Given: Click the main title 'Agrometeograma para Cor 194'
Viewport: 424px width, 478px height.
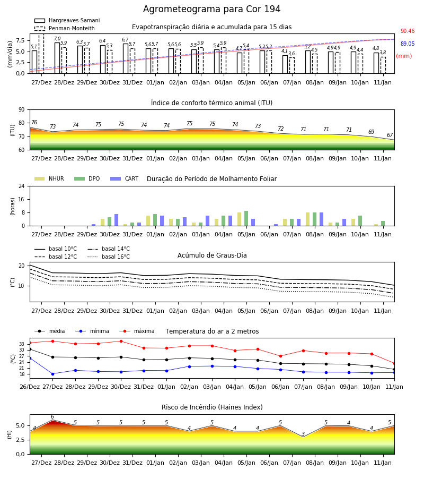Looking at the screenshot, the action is (211, 9).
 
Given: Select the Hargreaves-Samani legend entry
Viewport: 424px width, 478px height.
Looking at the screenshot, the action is (67, 20).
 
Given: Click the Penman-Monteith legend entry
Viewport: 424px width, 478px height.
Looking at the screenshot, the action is (65, 28).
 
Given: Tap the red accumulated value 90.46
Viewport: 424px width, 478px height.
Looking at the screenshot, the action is (408, 31).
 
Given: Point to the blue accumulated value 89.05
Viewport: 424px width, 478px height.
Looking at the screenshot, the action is (408, 44).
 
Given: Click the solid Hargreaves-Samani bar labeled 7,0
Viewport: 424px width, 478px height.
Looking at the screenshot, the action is (57, 58).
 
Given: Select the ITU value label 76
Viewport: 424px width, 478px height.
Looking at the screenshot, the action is (34, 122).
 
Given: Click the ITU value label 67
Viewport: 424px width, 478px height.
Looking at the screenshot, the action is (390, 135).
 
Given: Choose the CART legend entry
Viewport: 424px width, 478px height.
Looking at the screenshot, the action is (125, 178).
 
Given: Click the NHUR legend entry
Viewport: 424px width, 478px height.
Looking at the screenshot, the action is (49, 178).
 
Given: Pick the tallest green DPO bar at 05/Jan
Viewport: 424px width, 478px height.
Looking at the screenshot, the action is (246, 218).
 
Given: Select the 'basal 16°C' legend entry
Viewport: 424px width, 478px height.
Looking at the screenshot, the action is (109, 257).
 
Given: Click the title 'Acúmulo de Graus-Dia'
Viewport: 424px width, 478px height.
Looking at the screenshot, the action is (212, 255).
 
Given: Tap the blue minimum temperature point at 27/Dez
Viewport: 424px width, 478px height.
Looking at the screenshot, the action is (52, 374).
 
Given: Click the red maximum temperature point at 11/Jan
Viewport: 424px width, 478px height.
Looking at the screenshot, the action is (394, 363).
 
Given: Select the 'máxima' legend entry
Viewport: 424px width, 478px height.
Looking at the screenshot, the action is (137, 331).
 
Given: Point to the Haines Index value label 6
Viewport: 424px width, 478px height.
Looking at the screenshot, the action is (52, 417).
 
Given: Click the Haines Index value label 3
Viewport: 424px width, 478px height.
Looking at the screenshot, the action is (303, 434).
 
